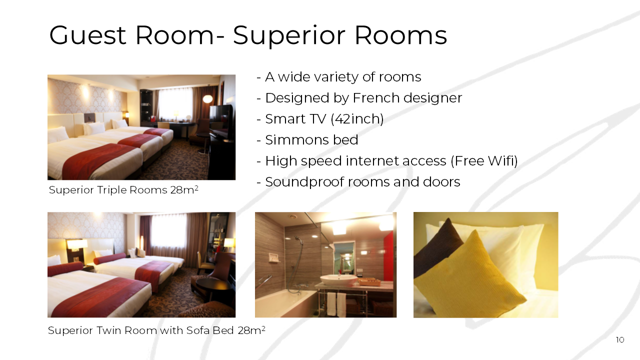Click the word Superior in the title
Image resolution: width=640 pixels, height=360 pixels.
[289, 35]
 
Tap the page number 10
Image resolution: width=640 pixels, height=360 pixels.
[619, 339]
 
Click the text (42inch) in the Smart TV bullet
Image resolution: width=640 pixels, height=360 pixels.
[357, 119]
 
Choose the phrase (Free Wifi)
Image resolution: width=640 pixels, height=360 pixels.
[484, 161]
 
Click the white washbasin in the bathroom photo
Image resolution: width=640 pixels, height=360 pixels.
[338, 279]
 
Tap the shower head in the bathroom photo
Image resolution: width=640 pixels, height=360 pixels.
[298, 239]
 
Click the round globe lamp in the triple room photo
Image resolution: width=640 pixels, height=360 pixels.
[207, 99]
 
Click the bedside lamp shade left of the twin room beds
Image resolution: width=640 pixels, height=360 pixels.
[77, 243]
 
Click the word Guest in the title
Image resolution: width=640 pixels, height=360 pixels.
[87, 35]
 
